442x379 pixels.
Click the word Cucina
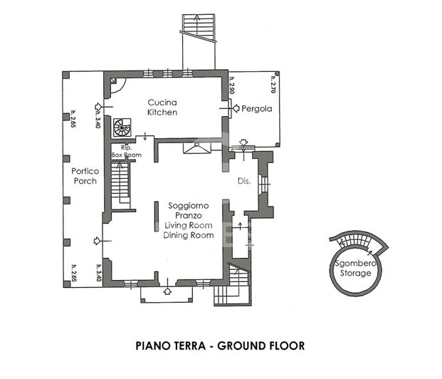pos(162,102)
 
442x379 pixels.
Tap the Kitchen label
pos(162,113)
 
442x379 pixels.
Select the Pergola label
pos(257,110)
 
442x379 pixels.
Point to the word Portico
pos(84,171)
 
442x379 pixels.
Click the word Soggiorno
pos(189,205)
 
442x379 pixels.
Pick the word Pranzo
pos(189,215)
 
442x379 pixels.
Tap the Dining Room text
pos(189,235)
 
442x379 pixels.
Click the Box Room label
pos(126,155)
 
